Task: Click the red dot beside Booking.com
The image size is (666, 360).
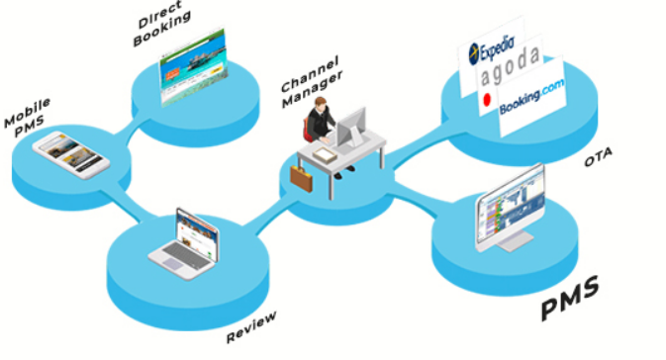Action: tap(486, 102)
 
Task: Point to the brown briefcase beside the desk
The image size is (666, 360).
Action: tap(301, 179)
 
